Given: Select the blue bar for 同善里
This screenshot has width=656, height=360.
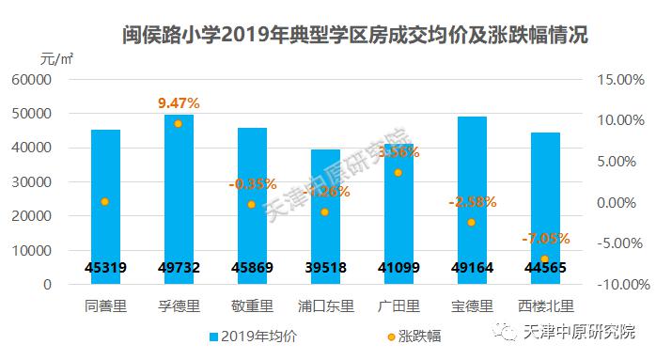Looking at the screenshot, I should click(x=105, y=207).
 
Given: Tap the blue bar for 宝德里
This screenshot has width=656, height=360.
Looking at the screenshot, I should click(x=472, y=188).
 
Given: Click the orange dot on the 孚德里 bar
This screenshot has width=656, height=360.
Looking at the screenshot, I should click(x=178, y=123).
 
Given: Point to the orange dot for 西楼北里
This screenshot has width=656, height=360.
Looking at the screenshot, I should click(x=544, y=258).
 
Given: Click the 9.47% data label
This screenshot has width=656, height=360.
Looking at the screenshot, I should click(x=178, y=102).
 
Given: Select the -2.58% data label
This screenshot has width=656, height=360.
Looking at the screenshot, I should click(x=471, y=202).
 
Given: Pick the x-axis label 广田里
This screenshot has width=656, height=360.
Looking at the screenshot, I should click(x=398, y=305).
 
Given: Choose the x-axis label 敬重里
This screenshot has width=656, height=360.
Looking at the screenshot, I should click(x=251, y=305).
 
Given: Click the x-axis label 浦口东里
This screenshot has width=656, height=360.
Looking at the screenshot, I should click(x=324, y=305).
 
